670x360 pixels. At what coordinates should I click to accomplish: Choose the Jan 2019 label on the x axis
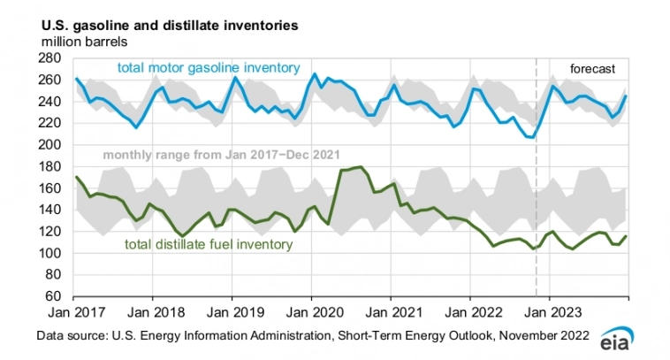pos(232,312)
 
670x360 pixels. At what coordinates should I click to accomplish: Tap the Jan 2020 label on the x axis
pos(312,312)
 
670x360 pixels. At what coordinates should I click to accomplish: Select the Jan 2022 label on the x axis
pos(470,312)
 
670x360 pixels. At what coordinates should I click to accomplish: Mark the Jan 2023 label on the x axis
pos(549,312)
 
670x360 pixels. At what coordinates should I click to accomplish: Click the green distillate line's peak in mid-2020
pos(358,166)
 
